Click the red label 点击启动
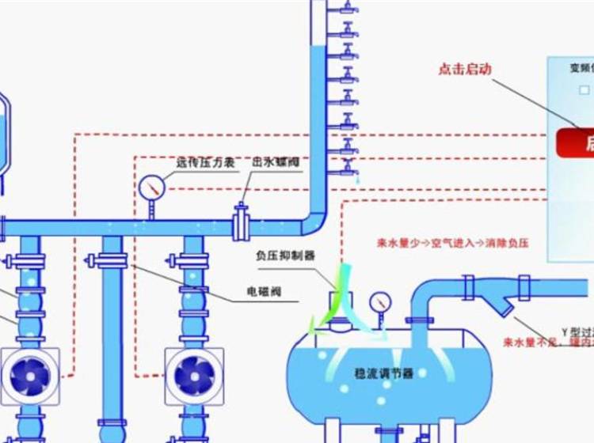click(x=465, y=69)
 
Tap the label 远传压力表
click(x=205, y=162)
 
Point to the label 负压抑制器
click(x=285, y=256)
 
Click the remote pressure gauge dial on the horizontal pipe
click(x=150, y=187)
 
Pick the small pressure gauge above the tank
click(x=382, y=302)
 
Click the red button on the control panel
click(x=576, y=143)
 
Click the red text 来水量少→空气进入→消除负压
click(x=463, y=244)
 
